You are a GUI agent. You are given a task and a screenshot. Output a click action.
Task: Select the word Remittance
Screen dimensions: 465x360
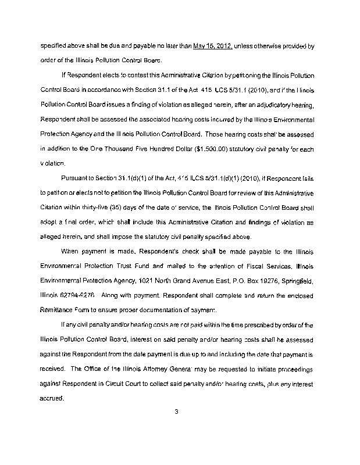coord(60,310)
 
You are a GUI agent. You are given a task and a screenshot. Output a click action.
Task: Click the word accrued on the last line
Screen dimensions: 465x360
coord(51,399)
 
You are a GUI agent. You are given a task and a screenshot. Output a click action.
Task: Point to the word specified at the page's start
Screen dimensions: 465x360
coord(55,45)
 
